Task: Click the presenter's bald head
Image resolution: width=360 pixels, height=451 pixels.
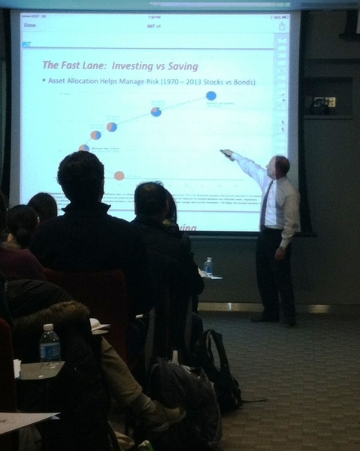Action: (x=281, y=164)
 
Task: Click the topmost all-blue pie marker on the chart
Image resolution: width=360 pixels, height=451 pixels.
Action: (x=211, y=95)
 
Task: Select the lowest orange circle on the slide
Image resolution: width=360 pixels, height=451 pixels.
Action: (x=119, y=176)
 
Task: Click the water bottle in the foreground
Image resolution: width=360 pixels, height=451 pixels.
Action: (x=50, y=345)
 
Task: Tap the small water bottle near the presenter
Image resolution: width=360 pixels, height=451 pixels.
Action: (x=208, y=266)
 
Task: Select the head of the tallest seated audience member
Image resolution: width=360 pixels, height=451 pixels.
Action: (x=80, y=177)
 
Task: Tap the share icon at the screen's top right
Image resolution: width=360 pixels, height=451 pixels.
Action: (x=282, y=26)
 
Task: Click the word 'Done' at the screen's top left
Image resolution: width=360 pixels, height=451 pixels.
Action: (x=30, y=25)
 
